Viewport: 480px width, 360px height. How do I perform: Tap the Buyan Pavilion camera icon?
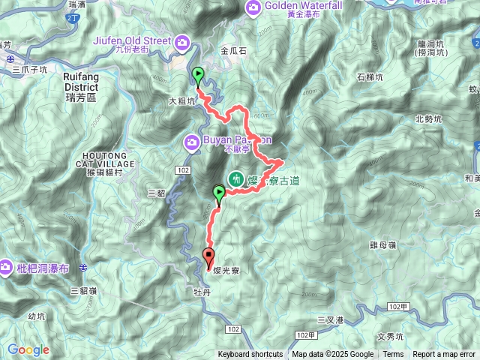point(192,141)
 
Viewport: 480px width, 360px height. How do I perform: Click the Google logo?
point(28,349)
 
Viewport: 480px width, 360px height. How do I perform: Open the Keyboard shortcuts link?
point(250,355)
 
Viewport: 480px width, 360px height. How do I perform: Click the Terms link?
point(393,355)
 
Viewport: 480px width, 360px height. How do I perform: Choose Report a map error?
point(444,355)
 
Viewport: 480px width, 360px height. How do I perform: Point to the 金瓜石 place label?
point(234,52)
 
